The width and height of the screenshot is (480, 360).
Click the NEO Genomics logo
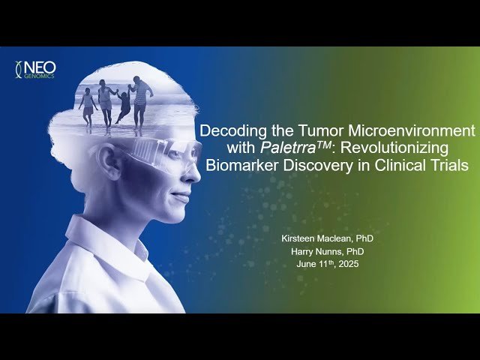[35, 70]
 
